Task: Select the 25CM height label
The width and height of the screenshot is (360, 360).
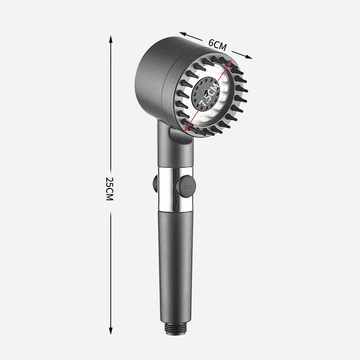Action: (x=109, y=189)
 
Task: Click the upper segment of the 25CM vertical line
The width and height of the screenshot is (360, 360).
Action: (x=110, y=103)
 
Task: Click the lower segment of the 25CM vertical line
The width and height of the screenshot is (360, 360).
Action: (x=110, y=270)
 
